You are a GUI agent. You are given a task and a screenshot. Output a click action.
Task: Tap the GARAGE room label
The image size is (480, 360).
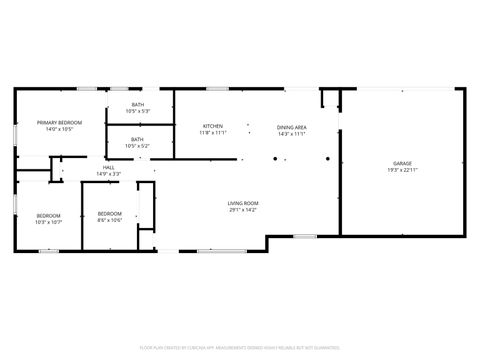point(403,163)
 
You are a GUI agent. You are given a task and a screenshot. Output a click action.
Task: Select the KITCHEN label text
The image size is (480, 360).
point(212,125)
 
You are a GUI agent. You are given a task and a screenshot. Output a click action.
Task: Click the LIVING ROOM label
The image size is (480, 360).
point(243,203)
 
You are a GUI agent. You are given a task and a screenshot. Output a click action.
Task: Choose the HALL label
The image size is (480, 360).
point(108,167)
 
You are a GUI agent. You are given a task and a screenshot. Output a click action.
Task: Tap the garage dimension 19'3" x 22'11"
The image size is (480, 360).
point(403,170)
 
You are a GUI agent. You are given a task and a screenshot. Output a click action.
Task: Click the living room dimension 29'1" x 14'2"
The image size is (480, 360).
point(243,210)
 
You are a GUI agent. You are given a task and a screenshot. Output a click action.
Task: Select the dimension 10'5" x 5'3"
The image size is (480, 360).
point(136,111)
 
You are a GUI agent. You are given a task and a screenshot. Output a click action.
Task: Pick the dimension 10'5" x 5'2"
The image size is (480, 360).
point(136,146)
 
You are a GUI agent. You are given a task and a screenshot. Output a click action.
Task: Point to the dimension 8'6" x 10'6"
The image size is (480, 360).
point(109,220)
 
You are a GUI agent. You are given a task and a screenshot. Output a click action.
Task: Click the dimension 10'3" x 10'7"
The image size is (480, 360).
point(49,222)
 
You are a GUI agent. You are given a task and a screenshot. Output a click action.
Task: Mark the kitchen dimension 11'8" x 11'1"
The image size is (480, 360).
point(212,132)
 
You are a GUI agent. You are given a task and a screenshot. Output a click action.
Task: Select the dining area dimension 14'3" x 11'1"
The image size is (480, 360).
point(292,132)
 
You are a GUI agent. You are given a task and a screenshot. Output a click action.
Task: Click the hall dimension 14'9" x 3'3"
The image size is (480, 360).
point(108,174)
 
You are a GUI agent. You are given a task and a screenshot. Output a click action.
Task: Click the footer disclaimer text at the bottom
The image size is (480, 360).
point(240,347)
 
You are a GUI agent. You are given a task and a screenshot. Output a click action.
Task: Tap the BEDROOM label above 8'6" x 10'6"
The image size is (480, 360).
point(109,213)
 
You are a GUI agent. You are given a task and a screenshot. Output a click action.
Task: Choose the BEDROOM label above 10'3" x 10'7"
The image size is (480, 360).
point(49,215)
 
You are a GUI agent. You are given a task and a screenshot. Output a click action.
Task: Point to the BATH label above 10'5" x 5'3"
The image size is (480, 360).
point(136,104)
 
